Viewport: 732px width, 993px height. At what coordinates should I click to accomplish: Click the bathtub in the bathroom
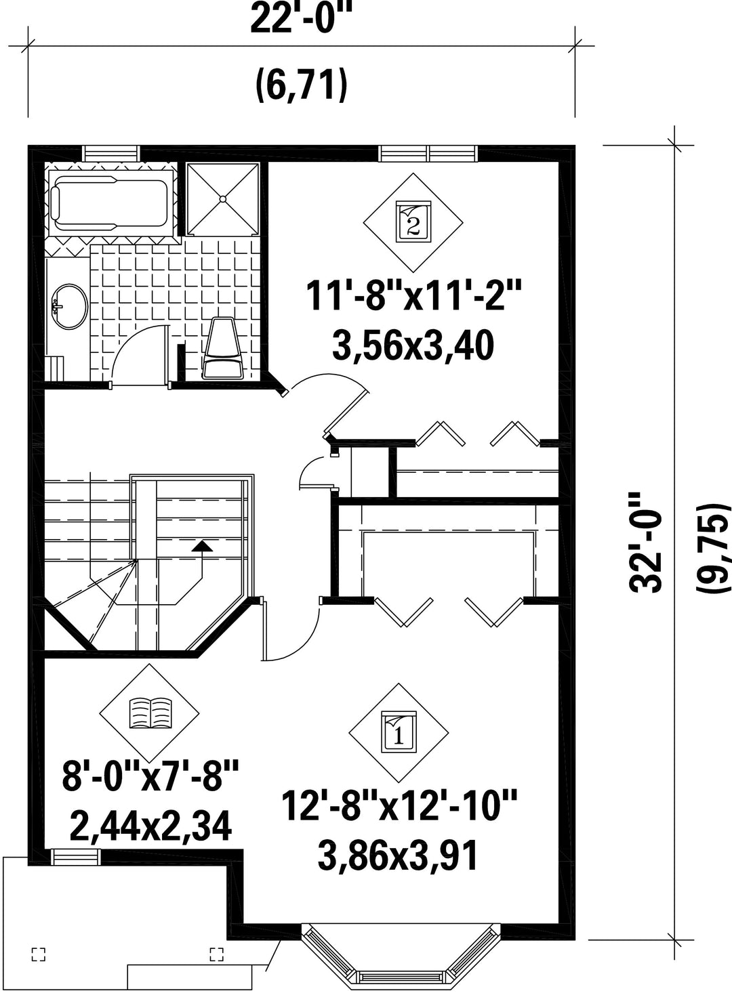(110, 205)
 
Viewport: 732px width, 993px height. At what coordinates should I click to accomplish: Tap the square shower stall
(222, 199)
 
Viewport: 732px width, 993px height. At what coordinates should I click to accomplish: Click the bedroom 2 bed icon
(413, 222)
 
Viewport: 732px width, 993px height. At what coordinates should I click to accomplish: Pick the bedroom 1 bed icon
(399, 733)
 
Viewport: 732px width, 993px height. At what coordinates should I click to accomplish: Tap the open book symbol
(150, 713)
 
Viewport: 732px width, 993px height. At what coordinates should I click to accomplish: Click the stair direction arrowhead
(202, 546)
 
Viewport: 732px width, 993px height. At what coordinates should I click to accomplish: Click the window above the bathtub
(110, 153)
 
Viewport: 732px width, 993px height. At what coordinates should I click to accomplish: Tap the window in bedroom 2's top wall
(428, 153)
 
